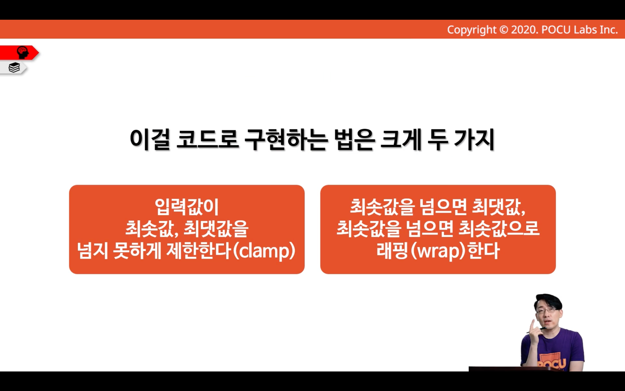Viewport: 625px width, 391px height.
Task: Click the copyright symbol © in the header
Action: (503, 30)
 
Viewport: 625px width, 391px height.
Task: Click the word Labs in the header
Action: (583, 30)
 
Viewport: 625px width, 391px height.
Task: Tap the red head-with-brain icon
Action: (22, 53)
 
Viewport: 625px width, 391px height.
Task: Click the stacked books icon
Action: (14, 67)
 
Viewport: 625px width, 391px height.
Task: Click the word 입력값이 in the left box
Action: (187, 207)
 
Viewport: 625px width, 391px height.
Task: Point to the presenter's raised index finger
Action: (532, 324)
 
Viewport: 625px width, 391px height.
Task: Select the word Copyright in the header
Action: (472, 30)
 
